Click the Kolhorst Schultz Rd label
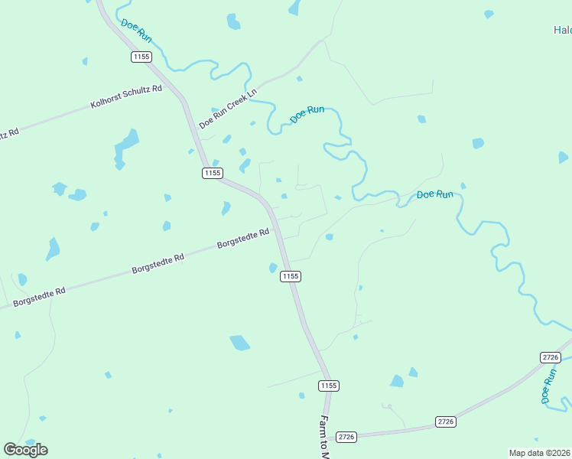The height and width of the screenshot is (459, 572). pyautogui.click(x=127, y=97)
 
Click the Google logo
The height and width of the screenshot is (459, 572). pyautogui.click(x=25, y=449)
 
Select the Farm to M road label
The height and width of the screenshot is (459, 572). pyautogui.click(x=324, y=438)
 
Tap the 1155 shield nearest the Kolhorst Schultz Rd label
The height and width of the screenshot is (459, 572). pyautogui.click(x=141, y=57)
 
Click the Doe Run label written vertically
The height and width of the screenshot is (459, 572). pyautogui.click(x=548, y=386)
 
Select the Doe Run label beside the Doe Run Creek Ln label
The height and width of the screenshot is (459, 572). pyautogui.click(x=307, y=115)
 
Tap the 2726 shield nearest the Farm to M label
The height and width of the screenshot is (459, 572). pyautogui.click(x=347, y=437)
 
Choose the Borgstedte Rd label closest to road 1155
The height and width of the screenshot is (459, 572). pyautogui.click(x=243, y=239)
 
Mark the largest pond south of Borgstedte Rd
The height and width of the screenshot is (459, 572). pyautogui.click(x=240, y=343)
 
